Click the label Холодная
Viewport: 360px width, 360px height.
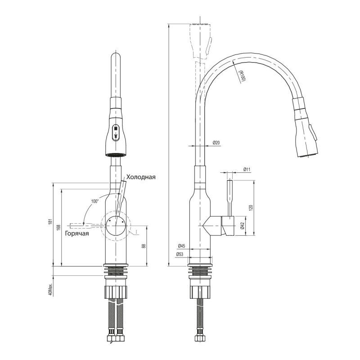[141, 177]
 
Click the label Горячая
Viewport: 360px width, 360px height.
[76, 233]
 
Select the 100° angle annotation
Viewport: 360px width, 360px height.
[94, 201]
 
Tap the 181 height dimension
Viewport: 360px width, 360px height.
[51, 224]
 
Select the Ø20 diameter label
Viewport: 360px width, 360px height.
[216, 143]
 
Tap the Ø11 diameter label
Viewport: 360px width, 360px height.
[247, 169]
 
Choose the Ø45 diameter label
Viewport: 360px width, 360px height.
[182, 246]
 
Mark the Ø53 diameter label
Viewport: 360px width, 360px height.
[182, 254]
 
